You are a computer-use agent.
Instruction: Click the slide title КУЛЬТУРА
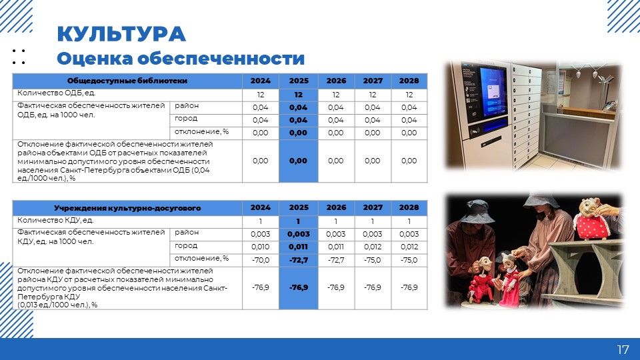(121, 34)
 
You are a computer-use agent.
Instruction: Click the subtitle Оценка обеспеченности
(181, 59)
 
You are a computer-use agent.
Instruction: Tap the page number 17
(623, 349)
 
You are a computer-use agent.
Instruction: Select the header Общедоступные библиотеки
(127, 81)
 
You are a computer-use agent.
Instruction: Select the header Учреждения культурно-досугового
(127, 208)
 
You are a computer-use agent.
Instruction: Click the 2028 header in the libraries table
(409, 81)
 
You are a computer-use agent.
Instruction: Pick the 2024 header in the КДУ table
(261, 207)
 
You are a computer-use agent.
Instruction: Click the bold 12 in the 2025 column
(299, 95)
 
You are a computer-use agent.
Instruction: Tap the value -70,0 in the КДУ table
(261, 260)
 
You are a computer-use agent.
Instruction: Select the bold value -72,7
(299, 260)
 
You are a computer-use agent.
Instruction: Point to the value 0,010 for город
(261, 247)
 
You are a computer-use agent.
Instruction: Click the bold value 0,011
(299, 247)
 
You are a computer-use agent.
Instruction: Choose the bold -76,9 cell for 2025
(299, 287)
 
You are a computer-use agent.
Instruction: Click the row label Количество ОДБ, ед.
(56, 93)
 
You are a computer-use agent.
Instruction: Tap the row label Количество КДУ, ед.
(55, 221)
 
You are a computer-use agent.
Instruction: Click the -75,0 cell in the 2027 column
(373, 260)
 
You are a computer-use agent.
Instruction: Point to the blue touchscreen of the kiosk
(492, 92)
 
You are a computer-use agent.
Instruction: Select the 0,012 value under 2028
(409, 247)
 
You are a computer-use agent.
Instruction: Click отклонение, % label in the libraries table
(201, 132)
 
